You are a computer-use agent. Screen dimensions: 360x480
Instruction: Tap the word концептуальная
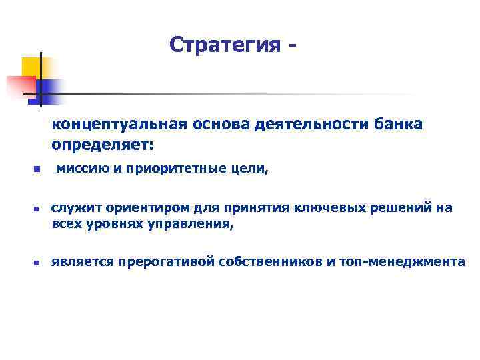124,125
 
